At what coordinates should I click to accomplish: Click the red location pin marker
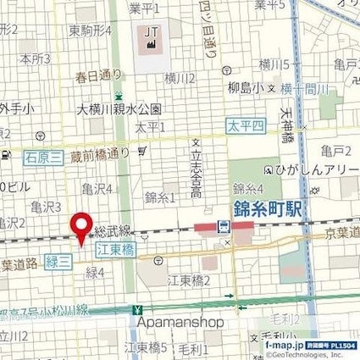[81, 227]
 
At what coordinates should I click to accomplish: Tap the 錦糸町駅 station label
[267, 208]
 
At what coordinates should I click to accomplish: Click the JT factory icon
[152, 36]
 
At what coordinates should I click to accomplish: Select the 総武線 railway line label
[113, 230]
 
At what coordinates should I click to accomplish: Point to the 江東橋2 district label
[188, 280]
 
